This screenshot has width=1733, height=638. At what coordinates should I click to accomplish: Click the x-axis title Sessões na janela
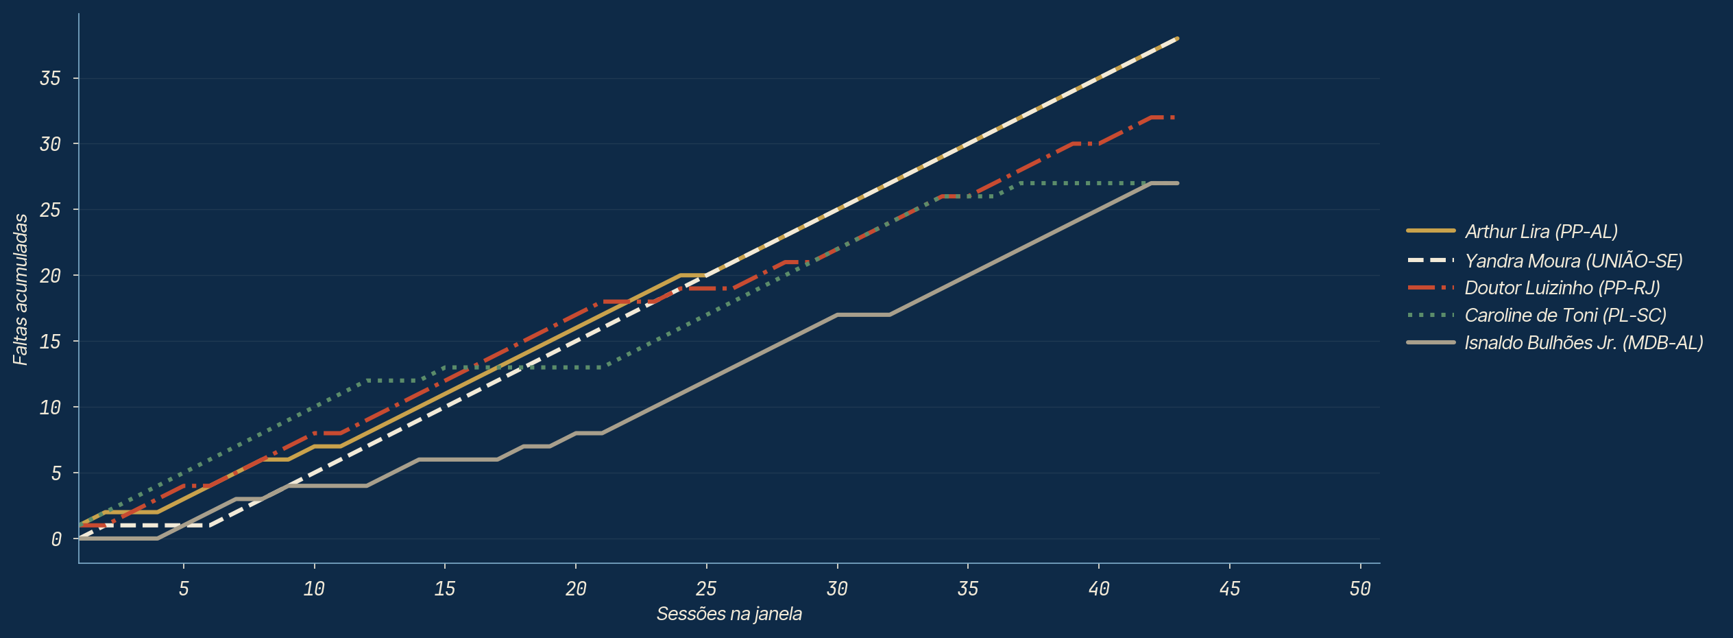tap(729, 613)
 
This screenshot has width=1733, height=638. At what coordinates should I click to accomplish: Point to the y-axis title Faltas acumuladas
tap(21, 289)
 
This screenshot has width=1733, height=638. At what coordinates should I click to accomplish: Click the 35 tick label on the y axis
tap(50, 78)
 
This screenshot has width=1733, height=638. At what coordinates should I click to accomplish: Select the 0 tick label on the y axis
tap(56, 539)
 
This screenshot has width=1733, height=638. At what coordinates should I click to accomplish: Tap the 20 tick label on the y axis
tap(50, 276)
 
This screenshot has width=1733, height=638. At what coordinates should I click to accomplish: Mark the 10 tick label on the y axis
tap(50, 407)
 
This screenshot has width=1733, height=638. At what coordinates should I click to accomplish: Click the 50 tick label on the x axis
tap(1360, 589)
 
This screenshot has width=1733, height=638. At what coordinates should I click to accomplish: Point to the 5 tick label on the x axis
tap(184, 589)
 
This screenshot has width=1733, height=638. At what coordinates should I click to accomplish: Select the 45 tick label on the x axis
tap(1230, 589)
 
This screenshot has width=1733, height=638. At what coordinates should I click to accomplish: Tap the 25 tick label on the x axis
tap(706, 589)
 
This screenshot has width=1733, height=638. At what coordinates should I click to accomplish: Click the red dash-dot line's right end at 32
tap(1176, 117)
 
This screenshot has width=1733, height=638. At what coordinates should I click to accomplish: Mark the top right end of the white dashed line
tap(1177, 38)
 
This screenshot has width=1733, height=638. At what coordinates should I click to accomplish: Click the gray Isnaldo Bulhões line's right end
tap(1177, 183)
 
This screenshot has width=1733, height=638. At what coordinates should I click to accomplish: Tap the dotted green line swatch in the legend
tap(1431, 315)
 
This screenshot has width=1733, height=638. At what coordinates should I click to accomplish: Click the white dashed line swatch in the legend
tap(1431, 261)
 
